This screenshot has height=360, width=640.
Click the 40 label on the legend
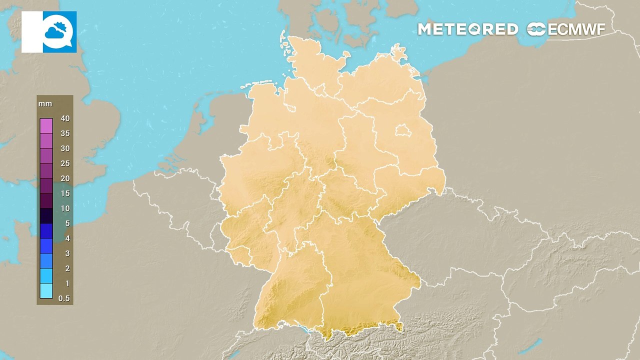(65, 118)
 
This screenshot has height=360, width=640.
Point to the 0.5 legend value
(64, 298)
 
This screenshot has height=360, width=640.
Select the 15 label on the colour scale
(65, 193)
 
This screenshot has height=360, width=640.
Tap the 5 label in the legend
(67, 223)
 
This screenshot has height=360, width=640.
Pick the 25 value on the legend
(65, 163)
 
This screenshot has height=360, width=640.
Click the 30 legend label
(65, 148)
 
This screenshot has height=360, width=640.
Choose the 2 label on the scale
(67, 268)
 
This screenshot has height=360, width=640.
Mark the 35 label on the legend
(65, 133)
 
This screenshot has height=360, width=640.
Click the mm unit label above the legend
(45, 104)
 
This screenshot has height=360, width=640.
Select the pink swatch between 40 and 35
(46, 126)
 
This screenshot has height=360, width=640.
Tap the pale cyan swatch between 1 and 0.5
(46, 291)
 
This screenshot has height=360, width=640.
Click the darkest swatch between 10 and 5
(46, 216)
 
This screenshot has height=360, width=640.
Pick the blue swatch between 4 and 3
(46, 246)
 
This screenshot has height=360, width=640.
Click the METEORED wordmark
(467, 29)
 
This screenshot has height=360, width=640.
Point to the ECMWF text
(576, 29)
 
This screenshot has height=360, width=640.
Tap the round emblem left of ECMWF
(536, 29)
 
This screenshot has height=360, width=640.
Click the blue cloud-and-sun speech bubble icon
(59, 32)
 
